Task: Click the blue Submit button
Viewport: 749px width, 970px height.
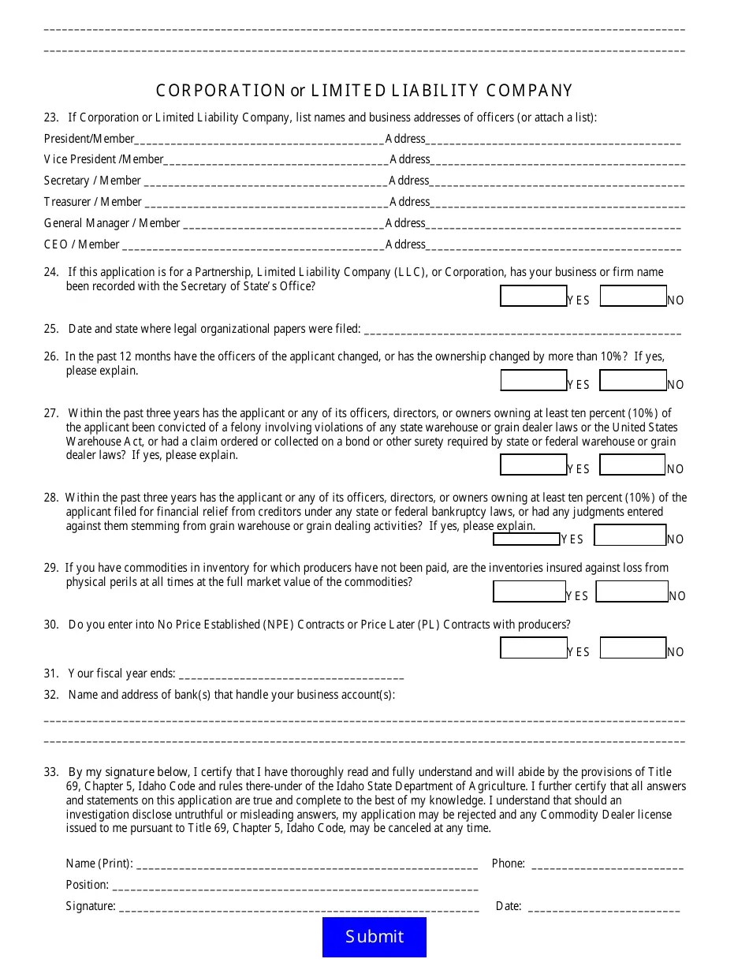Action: click(x=374, y=936)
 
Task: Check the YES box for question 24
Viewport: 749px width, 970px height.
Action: click(x=533, y=296)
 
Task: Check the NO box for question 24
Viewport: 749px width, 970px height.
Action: click(x=632, y=296)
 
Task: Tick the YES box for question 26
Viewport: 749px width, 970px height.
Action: click(x=533, y=380)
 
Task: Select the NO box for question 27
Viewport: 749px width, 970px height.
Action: click(x=632, y=464)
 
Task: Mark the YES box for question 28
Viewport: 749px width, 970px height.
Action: click(x=526, y=539)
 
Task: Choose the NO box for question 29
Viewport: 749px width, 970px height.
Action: click(x=632, y=591)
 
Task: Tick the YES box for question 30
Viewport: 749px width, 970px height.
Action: click(x=533, y=647)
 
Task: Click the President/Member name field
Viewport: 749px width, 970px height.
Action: click(x=259, y=140)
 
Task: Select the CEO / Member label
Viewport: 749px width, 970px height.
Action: click(x=82, y=244)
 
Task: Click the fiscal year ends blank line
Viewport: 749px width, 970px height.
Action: click(x=292, y=675)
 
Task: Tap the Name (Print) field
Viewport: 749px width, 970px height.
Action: click(x=307, y=864)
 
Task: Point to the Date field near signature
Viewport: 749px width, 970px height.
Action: click(x=603, y=908)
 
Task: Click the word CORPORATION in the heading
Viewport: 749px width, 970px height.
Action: click(x=221, y=91)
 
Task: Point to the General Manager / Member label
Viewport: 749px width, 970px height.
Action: click(x=112, y=223)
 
